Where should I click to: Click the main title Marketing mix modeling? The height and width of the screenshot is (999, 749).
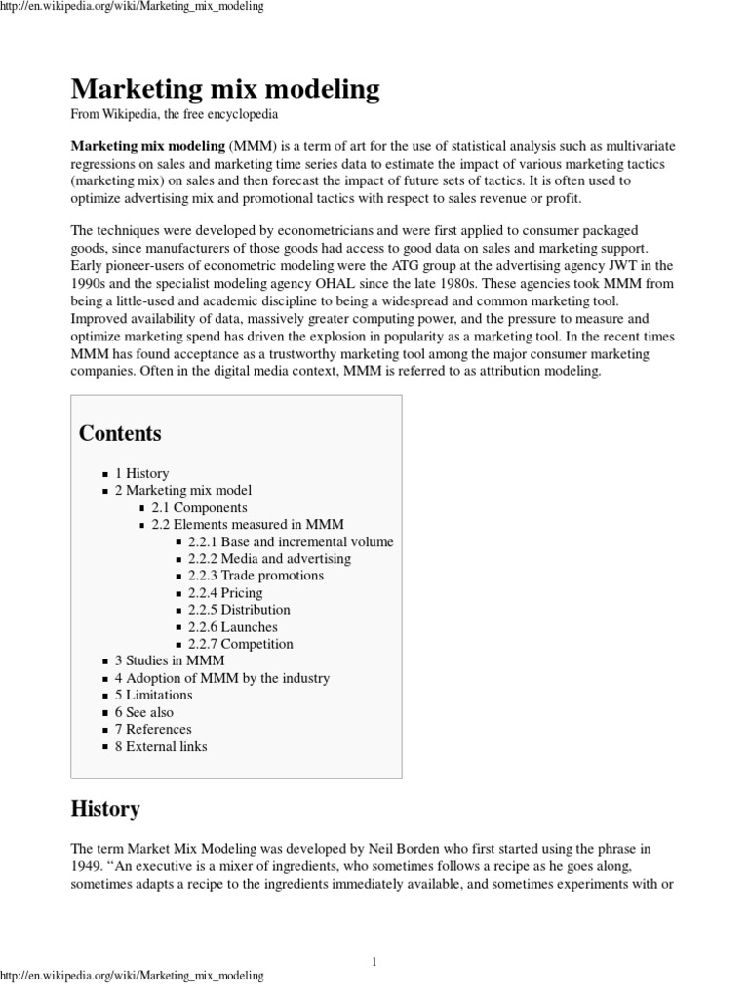(224, 90)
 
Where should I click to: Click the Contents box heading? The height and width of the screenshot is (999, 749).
(120, 433)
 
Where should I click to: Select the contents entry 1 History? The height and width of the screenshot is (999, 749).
(141, 473)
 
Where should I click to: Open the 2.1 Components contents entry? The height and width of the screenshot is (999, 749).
(199, 507)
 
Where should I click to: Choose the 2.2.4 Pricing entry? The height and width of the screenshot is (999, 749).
(225, 592)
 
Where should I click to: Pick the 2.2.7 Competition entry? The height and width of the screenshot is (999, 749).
(240, 644)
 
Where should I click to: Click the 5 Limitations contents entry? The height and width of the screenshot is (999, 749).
(153, 695)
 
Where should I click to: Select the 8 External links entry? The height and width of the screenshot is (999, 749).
(161, 746)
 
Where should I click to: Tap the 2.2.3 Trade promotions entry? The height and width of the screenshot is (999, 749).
(256, 576)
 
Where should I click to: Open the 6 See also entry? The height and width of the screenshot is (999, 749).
(144, 712)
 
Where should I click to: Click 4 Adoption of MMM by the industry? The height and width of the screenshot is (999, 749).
(222, 678)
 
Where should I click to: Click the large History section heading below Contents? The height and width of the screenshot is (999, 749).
(105, 809)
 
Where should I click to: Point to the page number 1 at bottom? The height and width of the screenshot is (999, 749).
(374, 962)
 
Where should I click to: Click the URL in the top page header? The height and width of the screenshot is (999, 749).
(132, 8)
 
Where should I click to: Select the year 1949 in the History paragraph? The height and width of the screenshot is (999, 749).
(88, 866)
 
